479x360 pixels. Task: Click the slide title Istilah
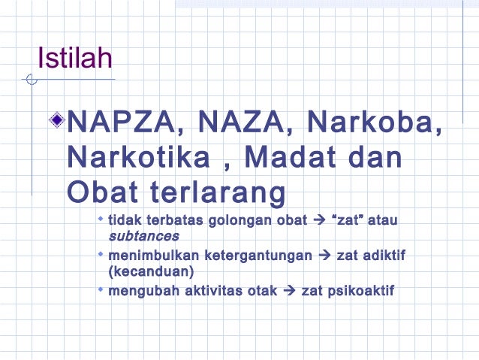click(x=75, y=59)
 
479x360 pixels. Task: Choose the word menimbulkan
click(x=149, y=256)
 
